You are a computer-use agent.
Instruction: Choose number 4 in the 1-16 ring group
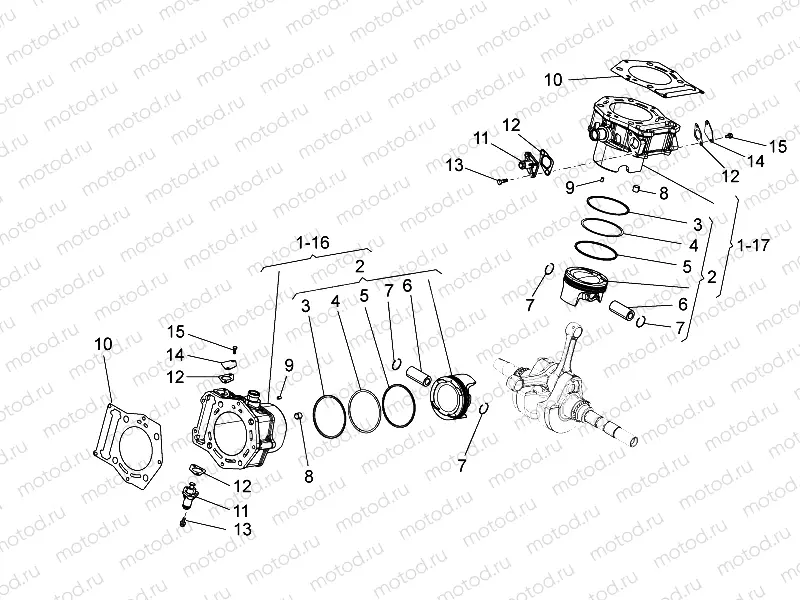335,297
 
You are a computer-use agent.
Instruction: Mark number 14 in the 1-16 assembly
174,354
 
